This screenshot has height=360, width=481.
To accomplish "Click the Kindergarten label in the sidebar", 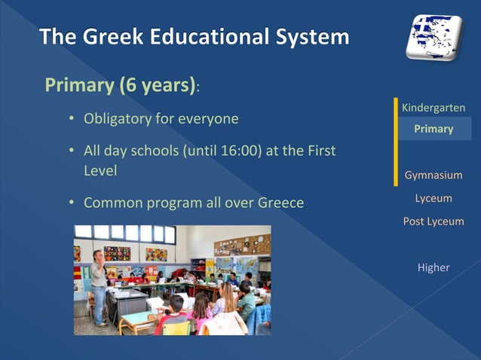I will pos(434,108).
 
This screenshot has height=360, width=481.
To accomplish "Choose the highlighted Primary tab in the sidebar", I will pos(434,129).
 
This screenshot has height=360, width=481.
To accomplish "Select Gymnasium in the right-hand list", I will pos(434,175).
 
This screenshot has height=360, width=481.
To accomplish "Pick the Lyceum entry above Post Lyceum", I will pos(434,198).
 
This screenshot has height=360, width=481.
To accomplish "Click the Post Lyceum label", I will pos(434,221).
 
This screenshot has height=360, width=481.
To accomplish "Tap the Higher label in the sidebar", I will pos(434,267).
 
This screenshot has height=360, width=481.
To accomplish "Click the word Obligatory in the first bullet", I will pos(118,119).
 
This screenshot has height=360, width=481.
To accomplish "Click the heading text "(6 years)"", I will pos(157,85).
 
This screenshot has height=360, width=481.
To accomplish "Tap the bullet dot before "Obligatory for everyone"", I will pos(71,119).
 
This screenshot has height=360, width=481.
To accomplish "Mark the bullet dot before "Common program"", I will pos(71,203).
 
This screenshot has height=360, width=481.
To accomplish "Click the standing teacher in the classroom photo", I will pos(98,286).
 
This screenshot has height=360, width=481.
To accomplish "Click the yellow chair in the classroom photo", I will pos(177,327).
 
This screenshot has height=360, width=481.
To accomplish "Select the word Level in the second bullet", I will pos(100,171).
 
